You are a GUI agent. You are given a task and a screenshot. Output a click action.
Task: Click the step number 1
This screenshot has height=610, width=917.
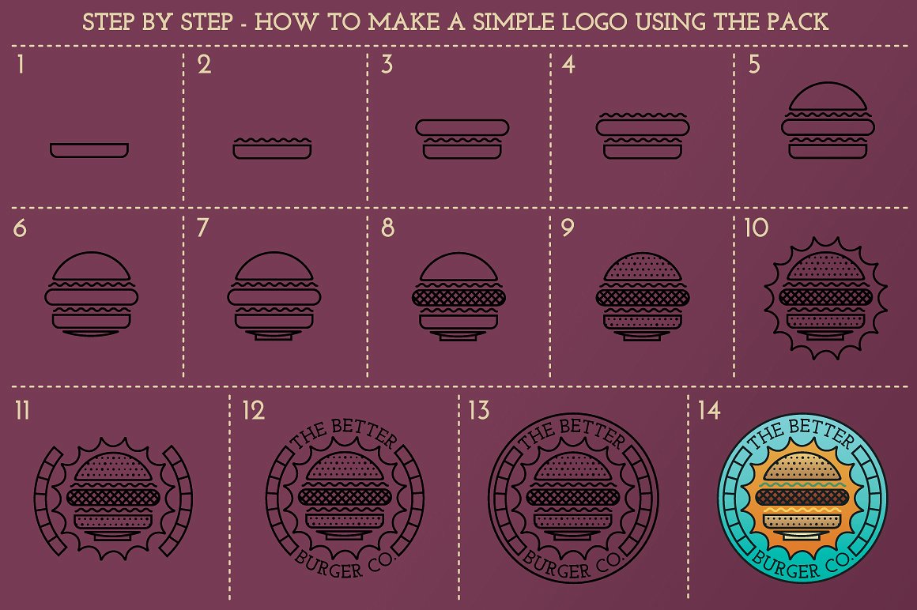[21, 64]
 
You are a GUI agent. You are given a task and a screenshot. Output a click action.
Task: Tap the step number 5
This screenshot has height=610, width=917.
[754, 64]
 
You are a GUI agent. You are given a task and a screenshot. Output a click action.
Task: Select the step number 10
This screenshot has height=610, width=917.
[757, 228]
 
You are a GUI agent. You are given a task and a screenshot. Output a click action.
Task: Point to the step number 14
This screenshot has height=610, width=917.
[709, 410]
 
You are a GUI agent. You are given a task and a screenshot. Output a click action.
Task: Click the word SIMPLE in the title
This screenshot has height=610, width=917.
[513, 22]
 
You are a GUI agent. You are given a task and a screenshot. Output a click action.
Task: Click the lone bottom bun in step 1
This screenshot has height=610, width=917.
[89, 150]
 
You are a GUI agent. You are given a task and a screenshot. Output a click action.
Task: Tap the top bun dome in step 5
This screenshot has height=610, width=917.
[828, 97]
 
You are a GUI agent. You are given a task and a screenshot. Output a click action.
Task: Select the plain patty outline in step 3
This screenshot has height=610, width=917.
[462, 128]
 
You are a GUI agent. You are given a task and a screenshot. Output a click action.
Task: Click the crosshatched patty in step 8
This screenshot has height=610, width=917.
[459, 298]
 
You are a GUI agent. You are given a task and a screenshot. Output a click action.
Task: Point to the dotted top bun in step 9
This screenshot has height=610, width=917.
[643, 267]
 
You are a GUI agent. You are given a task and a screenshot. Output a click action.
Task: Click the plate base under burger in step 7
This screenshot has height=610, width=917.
[274, 335]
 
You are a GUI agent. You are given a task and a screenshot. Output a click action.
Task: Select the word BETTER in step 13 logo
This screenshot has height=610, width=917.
[593, 432]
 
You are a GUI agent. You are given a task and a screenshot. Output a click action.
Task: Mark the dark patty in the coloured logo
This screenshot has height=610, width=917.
[802, 497]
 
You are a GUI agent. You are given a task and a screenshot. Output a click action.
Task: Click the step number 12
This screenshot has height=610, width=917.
[253, 410]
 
